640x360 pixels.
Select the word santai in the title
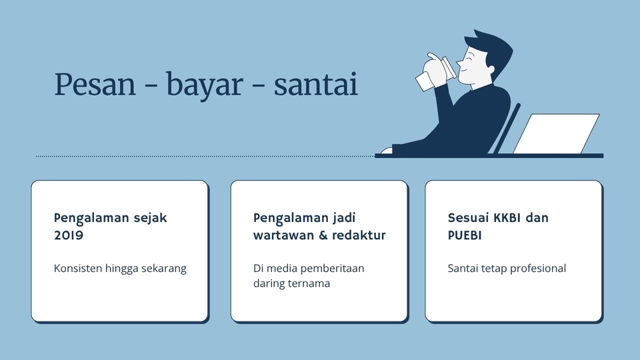coord(315,85)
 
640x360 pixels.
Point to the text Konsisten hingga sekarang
coord(120,269)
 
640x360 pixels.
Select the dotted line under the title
coord(200,157)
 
